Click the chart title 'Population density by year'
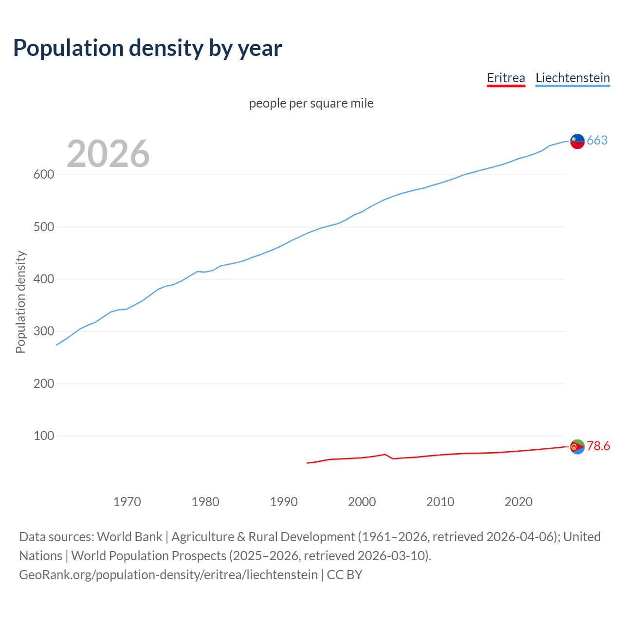[x=147, y=48]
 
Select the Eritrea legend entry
[x=506, y=78]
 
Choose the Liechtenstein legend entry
[x=572, y=78]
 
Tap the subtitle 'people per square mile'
[x=311, y=103]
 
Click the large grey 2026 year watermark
[x=108, y=154]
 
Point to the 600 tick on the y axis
[x=43, y=175]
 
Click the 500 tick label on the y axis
[x=43, y=227]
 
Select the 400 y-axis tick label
[x=43, y=279]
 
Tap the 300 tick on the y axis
[x=43, y=331]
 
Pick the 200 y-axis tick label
[x=43, y=384]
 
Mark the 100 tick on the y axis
[x=43, y=436]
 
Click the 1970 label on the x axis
[x=127, y=502]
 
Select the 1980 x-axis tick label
[x=205, y=502]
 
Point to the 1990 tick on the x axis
[x=284, y=502]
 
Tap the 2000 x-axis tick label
[x=362, y=502]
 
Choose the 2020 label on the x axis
[x=518, y=502]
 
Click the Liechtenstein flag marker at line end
[x=577, y=141]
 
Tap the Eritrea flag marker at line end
[x=577, y=446]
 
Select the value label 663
[x=597, y=141]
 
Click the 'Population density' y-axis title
[x=20, y=302]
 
